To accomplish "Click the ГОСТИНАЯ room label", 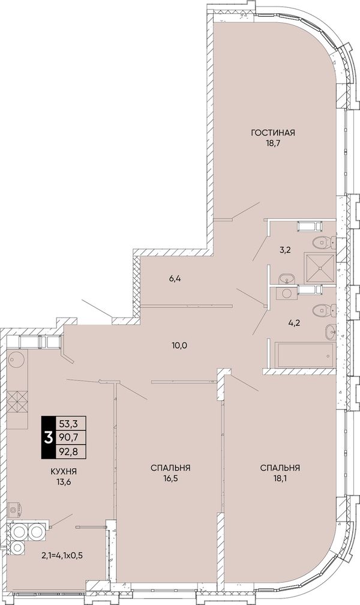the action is (x=273, y=133).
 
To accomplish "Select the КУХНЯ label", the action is (x=64, y=471).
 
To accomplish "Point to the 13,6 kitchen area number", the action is (x=64, y=482).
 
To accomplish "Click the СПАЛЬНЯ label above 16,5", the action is (x=170, y=468).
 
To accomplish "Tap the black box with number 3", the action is (x=49, y=438).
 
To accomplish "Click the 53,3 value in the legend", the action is (x=68, y=424).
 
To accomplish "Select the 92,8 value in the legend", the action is (x=68, y=452).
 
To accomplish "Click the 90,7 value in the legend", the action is (x=68, y=438).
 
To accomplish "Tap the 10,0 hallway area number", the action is (x=179, y=345).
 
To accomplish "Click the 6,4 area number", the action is (x=175, y=278).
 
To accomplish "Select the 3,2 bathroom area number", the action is (x=285, y=249).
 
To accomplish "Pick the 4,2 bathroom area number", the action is (x=295, y=322).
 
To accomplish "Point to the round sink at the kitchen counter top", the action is (x=16, y=360).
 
